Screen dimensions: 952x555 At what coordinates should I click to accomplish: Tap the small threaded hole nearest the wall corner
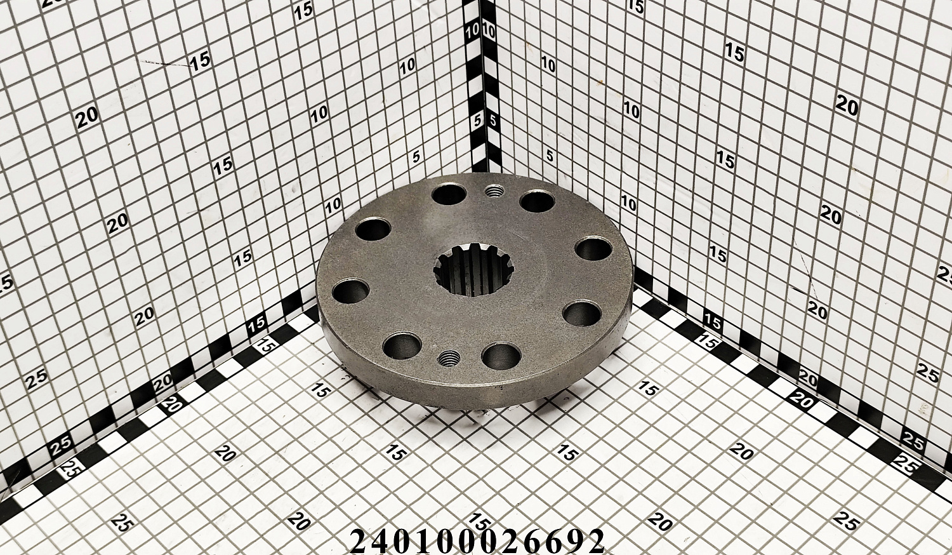493,192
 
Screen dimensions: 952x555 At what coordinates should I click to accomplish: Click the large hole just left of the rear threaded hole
449,195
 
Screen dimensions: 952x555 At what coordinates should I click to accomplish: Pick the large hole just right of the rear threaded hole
538,201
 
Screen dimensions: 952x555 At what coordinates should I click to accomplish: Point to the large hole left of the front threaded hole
402,345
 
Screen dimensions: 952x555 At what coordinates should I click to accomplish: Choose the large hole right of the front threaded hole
501,356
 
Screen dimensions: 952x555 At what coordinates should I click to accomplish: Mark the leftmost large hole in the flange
350,291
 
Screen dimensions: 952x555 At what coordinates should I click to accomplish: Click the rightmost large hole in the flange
593,249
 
